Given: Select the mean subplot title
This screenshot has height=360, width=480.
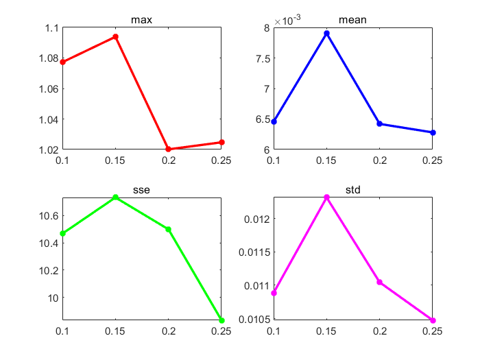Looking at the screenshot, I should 353,20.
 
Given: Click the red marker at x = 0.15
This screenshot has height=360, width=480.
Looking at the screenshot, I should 116,36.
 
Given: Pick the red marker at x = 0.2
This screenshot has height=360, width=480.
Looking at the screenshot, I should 169,149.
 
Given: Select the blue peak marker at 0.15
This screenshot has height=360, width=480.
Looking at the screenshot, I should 327,33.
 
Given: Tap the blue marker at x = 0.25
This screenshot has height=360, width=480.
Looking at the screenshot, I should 433,132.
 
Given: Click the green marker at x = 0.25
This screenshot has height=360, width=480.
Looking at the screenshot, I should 221,320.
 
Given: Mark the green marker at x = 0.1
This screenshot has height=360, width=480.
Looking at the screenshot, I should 63,233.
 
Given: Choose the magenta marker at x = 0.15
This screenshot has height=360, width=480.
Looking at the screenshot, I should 327,197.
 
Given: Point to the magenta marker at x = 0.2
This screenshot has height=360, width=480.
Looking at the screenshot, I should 380,282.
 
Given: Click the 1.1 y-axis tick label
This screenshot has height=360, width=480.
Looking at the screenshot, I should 51,28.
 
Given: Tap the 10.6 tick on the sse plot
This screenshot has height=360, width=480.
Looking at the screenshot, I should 47,216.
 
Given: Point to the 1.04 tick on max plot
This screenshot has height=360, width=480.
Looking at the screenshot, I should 49,119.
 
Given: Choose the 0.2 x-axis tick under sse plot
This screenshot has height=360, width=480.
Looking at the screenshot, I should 169,331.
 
